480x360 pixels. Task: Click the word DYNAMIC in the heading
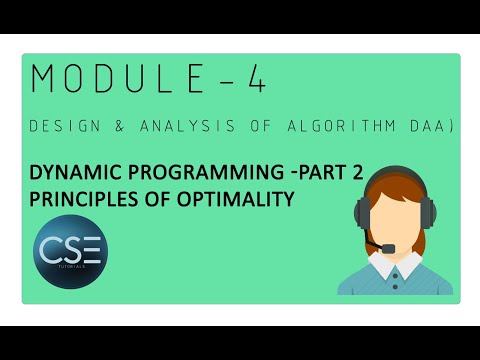[x=80, y=174]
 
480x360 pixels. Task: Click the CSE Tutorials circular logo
[x=69, y=250]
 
